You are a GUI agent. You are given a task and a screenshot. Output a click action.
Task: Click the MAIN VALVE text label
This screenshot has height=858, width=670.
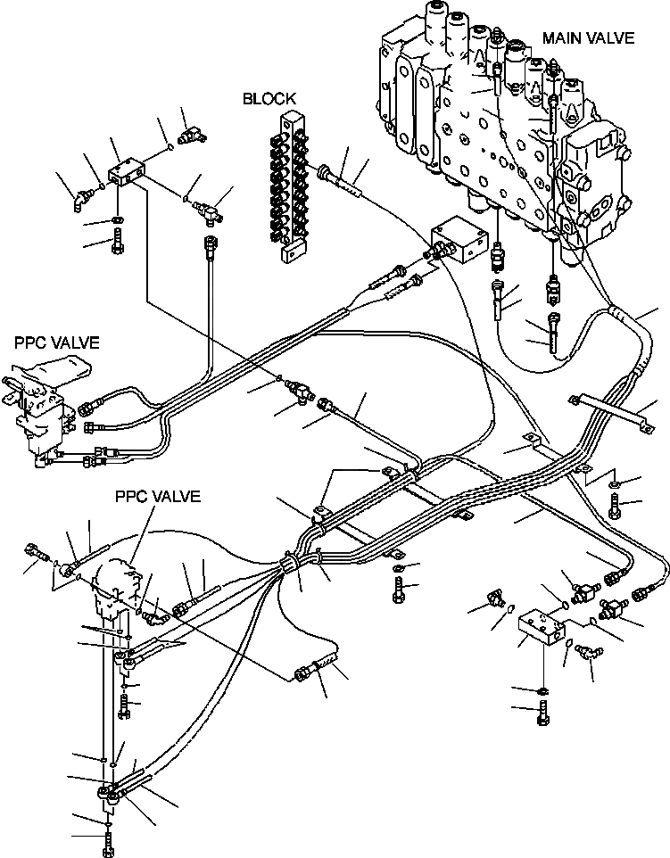(x=588, y=37)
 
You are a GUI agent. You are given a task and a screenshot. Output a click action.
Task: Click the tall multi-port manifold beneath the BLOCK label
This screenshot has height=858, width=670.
(x=291, y=187)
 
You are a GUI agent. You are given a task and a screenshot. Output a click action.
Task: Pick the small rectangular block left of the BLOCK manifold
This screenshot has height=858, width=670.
(x=125, y=175)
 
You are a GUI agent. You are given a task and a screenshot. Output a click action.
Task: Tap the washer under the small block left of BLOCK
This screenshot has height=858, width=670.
(x=119, y=219)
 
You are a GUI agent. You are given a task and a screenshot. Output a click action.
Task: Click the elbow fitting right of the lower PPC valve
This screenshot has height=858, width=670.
(x=152, y=613)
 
